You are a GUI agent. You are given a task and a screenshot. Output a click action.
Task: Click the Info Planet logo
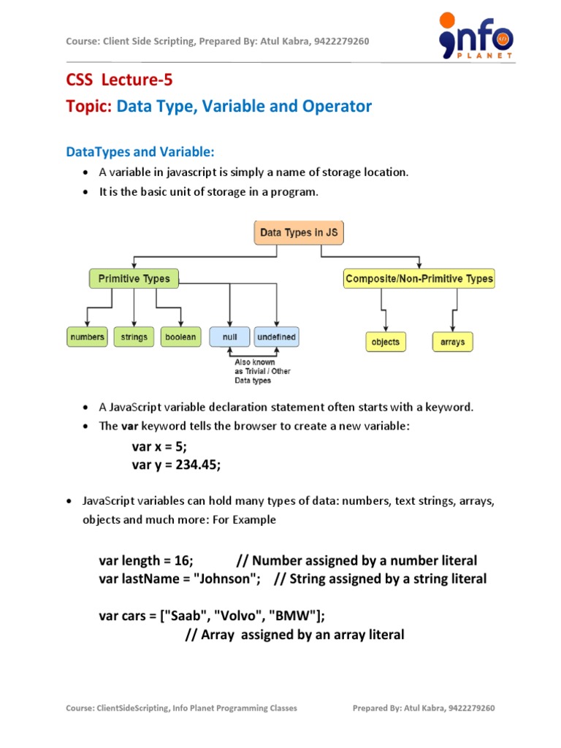[476, 37]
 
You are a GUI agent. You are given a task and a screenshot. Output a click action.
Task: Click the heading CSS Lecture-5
[119, 80]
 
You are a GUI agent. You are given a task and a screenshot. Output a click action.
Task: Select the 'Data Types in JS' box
[298, 234]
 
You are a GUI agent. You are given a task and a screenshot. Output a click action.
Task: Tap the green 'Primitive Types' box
[134, 278]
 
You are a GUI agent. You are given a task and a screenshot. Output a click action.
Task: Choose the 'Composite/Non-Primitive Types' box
[419, 278]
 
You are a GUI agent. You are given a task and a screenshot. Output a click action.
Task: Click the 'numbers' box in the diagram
[87, 337]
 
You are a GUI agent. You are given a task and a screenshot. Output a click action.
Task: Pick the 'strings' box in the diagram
[134, 337]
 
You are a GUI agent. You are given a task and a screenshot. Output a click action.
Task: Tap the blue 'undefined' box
[276, 337]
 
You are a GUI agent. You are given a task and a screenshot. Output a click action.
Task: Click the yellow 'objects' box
[385, 341]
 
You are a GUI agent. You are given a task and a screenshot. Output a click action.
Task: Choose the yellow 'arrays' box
[452, 341]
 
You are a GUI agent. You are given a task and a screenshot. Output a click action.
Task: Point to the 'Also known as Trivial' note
[262, 371]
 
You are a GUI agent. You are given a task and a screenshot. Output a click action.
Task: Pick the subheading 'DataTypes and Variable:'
[140, 151]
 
